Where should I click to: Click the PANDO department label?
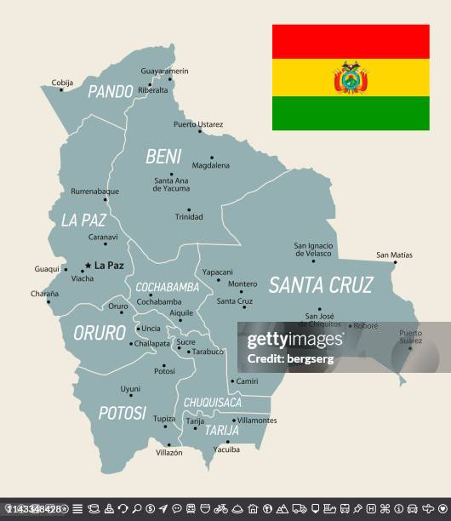click(111, 91)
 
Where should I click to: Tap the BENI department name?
click(163, 156)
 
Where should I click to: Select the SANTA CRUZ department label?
click(320, 285)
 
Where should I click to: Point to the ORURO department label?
click(100, 332)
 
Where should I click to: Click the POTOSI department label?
click(123, 413)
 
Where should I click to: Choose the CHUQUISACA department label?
click(212, 402)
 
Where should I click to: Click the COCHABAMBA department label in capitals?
click(168, 287)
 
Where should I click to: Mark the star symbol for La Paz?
click(88, 265)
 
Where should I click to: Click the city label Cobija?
click(62, 83)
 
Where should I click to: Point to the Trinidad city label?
click(189, 217)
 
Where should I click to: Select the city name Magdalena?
click(211, 166)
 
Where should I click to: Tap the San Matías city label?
click(394, 255)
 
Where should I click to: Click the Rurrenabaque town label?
click(94, 192)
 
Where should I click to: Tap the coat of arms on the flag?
click(351, 78)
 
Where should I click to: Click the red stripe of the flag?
click(351, 41)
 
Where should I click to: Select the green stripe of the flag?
click(351, 113)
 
